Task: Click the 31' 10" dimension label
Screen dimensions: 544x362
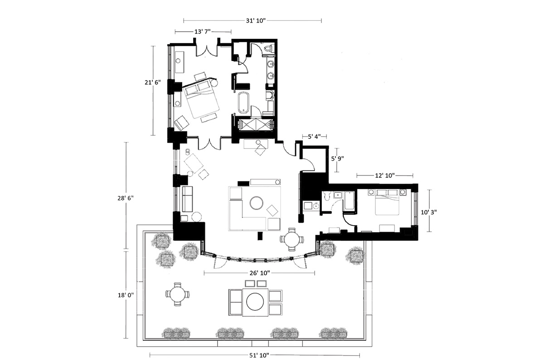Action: coord(256,21)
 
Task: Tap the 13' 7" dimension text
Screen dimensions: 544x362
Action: coord(203,32)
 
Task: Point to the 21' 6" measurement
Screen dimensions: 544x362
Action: coord(153,82)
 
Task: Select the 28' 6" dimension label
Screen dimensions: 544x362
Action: coord(126,198)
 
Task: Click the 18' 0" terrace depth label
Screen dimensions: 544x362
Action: coord(126,295)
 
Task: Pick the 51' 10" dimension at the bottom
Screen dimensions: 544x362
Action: coord(259,356)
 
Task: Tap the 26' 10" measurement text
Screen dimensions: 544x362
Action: coord(260,273)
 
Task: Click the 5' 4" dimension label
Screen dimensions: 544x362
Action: coord(314,137)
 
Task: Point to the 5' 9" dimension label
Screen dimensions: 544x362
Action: coord(338,158)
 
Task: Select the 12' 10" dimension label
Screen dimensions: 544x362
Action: coord(385,175)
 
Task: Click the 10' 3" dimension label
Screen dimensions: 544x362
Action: coord(429,212)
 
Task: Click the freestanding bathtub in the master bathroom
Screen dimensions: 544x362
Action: coord(243,103)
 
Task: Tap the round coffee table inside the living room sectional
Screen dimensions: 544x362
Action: coord(257,203)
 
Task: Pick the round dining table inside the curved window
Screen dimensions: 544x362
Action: coord(292,239)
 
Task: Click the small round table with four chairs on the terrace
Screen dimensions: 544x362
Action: coord(178,295)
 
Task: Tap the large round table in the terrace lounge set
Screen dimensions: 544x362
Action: coord(255,302)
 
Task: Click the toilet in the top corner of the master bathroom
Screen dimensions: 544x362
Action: coord(268,49)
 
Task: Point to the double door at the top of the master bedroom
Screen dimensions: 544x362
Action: coord(207,50)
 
